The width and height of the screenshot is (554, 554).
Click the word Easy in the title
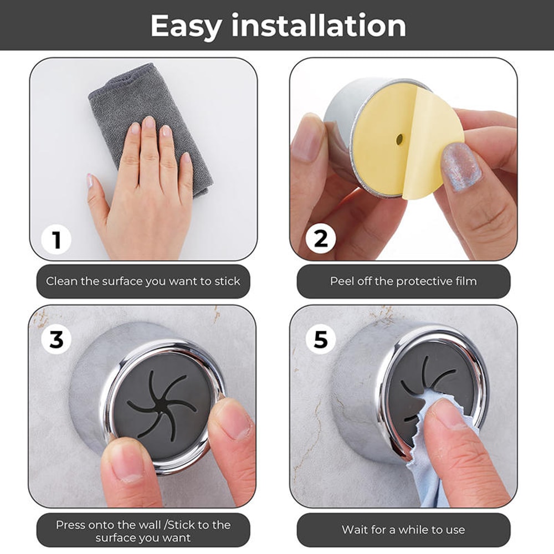[x=186, y=26]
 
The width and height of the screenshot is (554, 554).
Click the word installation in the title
[x=319, y=26]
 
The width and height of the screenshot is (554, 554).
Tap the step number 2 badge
[x=321, y=239]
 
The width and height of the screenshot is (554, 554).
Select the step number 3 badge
[x=56, y=339]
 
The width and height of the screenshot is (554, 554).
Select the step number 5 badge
[x=321, y=339]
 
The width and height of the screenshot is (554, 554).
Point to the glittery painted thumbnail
[x=461, y=166]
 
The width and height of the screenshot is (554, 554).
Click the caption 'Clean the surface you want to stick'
[x=143, y=281]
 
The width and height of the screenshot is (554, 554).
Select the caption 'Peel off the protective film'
[x=403, y=281]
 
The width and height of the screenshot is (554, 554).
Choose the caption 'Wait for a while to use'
[x=403, y=530]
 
